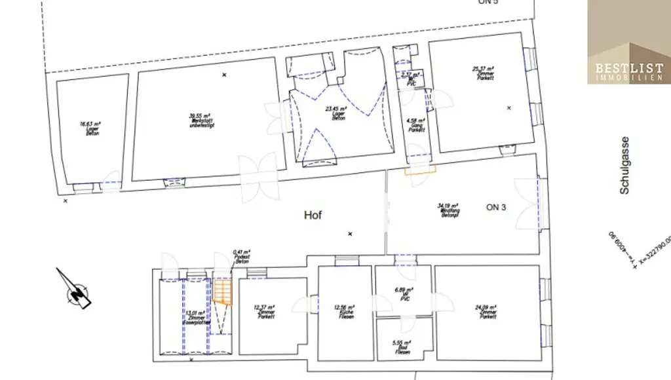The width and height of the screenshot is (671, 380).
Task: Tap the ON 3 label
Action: [496, 208]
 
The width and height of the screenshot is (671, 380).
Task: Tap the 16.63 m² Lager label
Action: [90, 126]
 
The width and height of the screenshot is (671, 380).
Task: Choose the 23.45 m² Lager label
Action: [338, 113]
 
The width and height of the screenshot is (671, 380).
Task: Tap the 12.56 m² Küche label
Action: [343, 311]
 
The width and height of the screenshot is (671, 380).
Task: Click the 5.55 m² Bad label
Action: [404, 347]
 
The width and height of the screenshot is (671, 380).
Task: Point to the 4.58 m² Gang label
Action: [415, 125]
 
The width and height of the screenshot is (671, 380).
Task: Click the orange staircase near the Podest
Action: [223, 292]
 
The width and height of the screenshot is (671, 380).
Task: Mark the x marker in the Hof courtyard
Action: [350, 234]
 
